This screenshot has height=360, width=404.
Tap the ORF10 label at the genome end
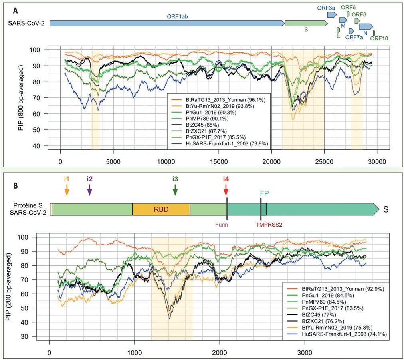(379, 39)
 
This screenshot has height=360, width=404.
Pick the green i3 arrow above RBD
(175, 189)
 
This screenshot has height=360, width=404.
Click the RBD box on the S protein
(161, 209)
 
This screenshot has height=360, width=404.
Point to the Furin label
(224, 224)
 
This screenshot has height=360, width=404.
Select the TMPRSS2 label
(269, 225)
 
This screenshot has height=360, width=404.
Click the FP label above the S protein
(264, 193)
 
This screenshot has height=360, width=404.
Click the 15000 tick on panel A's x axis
(218, 162)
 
